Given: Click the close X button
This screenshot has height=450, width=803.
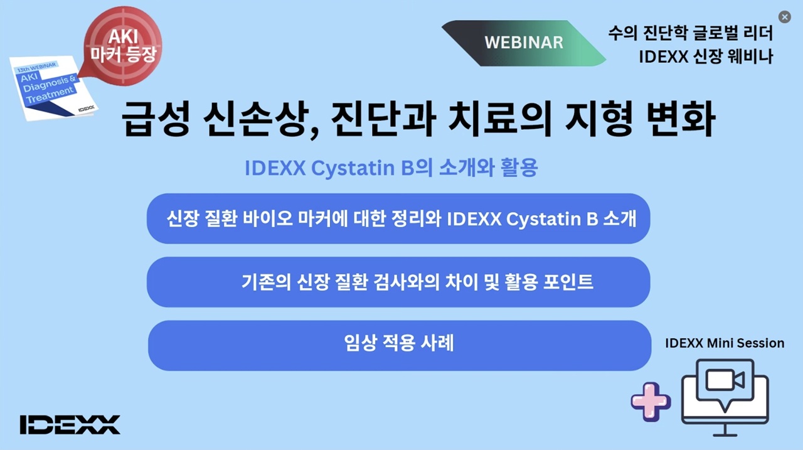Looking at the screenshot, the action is pyautogui.click(x=784, y=17).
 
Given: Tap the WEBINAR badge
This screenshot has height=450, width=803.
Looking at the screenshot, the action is pyautogui.click(x=524, y=43).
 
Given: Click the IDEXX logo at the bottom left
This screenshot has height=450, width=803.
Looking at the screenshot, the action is pyautogui.click(x=70, y=424).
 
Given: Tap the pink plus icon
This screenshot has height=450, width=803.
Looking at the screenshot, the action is pyautogui.click(x=651, y=402).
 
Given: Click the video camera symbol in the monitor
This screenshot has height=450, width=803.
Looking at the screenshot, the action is pyautogui.click(x=725, y=380).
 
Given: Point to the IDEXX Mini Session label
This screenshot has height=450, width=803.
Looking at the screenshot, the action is pyautogui.click(x=725, y=343).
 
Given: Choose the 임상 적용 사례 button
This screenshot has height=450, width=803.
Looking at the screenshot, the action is pyautogui.click(x=400, y=345).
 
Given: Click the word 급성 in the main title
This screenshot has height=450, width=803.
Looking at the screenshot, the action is pyautogui.click(x=155, y=119).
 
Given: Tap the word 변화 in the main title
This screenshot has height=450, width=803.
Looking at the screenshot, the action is pyautogui.click(x=680, y=119).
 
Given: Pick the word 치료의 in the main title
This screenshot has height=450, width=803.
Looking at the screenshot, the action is pyautogui.click(x=500, y=119).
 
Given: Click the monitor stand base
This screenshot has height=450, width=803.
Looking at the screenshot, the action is pyautogui.click(x=725, y=435).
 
